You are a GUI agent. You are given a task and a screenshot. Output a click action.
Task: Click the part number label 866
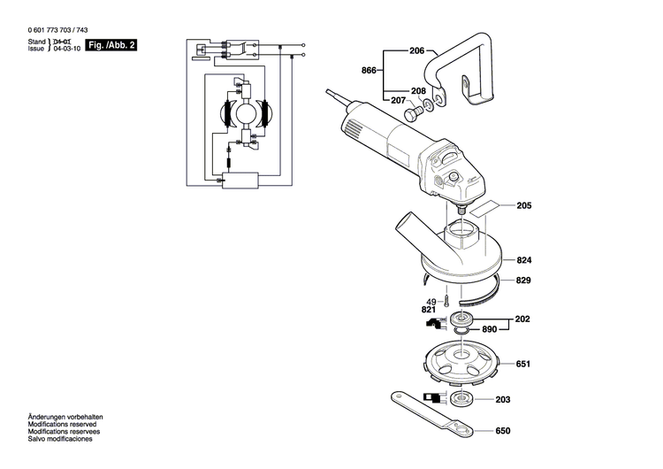[x=369, y=70]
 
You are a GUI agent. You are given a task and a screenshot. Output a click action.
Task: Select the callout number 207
[x=397, y=100]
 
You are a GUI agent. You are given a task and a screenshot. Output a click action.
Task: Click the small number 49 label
[x=431, y=302]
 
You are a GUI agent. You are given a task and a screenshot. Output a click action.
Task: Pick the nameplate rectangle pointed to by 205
[x=483, y=211]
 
